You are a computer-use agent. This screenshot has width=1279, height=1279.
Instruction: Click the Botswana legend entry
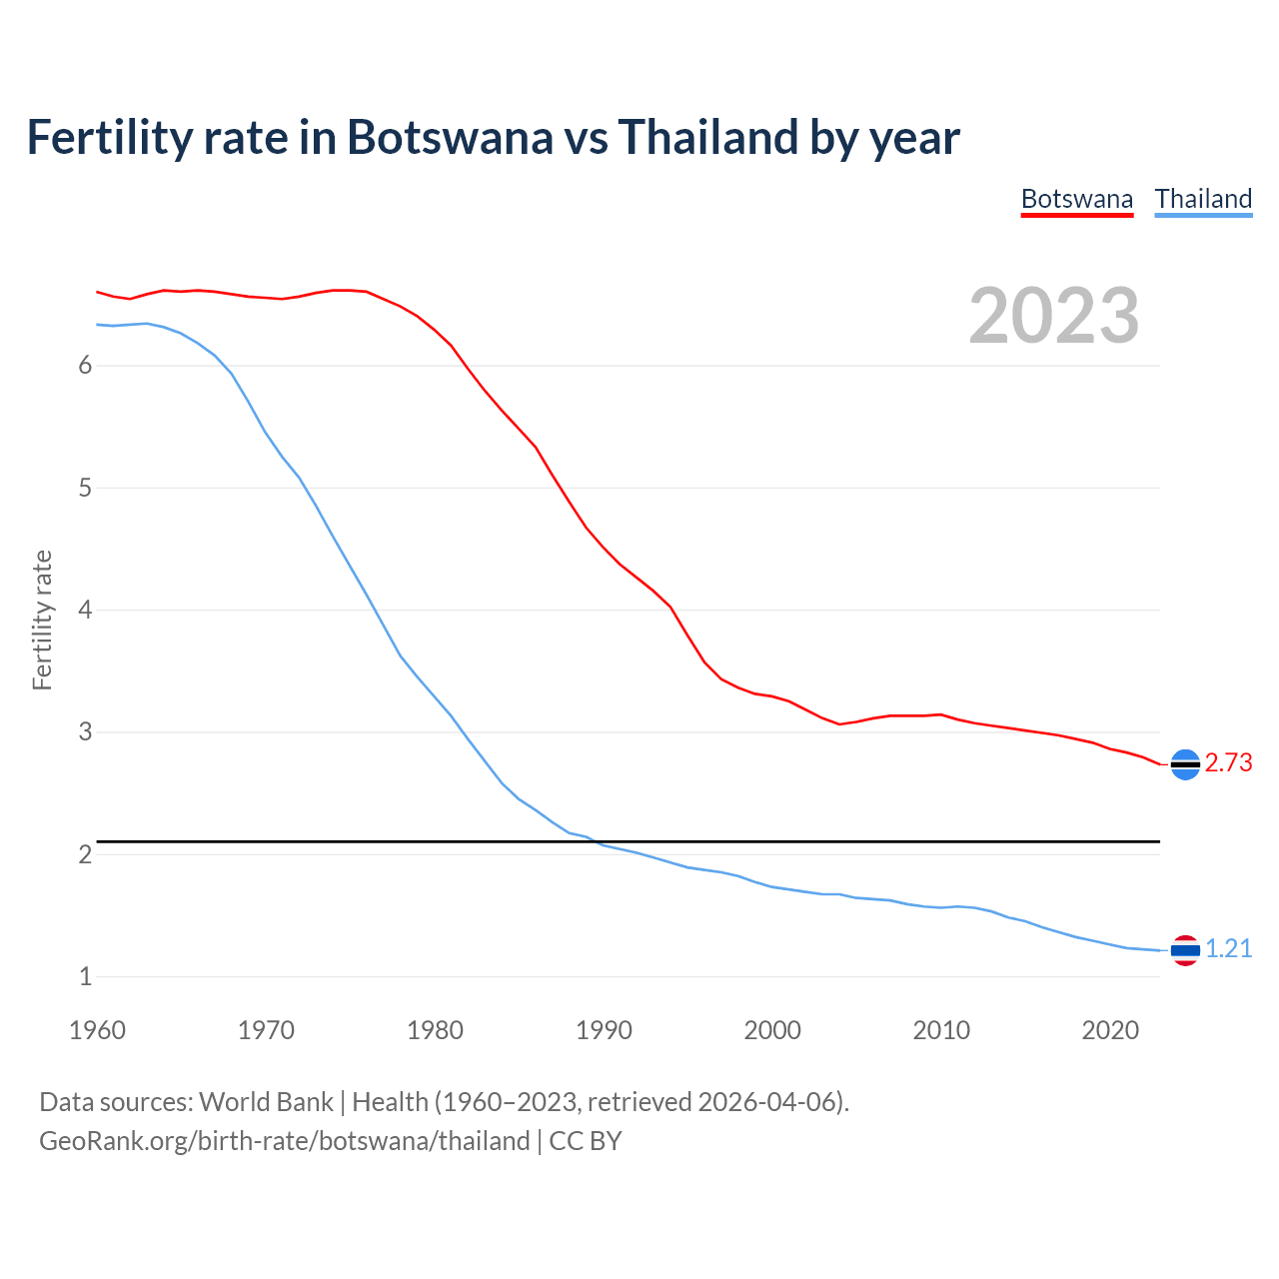[x=1076, y=199]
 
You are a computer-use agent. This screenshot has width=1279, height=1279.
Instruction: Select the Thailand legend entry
[x=1203, y=199]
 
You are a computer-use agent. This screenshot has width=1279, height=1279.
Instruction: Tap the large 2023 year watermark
[x=1053, y=316]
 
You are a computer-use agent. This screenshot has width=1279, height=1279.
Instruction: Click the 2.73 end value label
[x=1228, y=763]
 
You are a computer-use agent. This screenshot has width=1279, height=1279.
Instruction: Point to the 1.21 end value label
[x=1228, y=949]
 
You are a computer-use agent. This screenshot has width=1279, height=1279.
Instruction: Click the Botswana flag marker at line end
[x=1185, y=764]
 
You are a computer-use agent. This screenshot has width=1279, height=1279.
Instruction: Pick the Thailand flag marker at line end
[x=1185, y=950]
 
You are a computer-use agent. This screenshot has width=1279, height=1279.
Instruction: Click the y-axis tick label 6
[x=85, y=366]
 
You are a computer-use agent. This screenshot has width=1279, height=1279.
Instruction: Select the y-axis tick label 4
[x=85, y=610]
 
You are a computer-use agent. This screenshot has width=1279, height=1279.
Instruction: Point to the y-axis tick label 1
[x=85, y=976]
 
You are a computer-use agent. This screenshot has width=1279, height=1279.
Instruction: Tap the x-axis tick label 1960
[x=97, y=1030]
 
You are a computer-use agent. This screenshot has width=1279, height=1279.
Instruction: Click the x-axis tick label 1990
[x=604, y=1030]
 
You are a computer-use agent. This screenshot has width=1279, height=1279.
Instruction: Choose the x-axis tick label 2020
[x=1110, y=1030]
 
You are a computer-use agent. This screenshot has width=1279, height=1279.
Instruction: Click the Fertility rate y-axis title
[x=42, y=620]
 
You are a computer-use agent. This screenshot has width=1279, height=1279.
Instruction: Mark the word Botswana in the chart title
[x=449, y=138]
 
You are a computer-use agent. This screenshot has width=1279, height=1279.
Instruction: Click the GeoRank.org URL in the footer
[x=284, y=1141]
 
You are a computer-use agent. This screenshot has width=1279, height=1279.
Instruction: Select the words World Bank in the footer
[x=266, y=1102]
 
